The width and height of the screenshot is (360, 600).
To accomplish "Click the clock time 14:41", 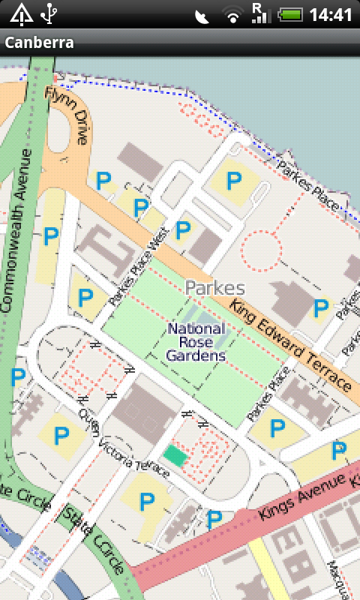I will click(x=331, y=14).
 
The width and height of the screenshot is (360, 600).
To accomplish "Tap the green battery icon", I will click(x=289, y=14).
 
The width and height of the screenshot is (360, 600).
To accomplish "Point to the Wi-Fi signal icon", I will click(x=233, y=15).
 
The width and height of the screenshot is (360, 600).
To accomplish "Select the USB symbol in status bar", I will click(x=50, y=13).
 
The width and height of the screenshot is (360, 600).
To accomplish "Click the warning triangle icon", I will click(x=21, y=13).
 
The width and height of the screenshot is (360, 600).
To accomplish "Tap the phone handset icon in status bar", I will click(x=202, y=16).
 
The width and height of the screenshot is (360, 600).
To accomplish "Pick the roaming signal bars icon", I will click(x=260, y=13).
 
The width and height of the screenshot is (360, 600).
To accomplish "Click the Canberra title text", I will click(x=39, y=42).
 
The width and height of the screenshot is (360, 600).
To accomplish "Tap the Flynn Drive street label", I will click(x=67, y=115).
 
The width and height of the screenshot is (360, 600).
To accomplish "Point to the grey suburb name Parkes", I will click(x=214, y=288).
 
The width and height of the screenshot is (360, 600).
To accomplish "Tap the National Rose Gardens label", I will click(x=196, y=342).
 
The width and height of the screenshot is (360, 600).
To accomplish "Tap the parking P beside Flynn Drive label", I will click(x=103, y=179).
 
